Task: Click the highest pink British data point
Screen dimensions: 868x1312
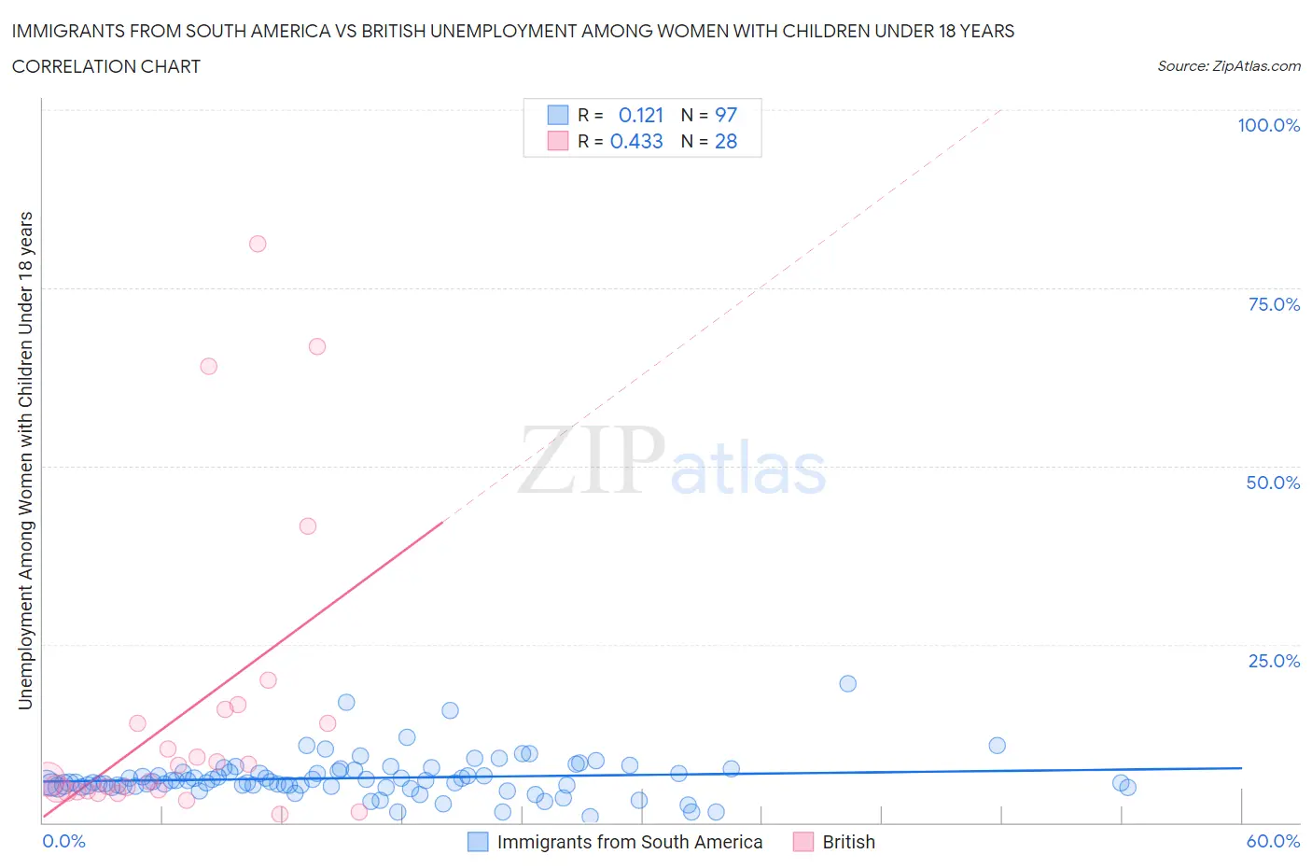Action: click(258, 244)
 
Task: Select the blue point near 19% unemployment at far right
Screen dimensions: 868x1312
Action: click(847, 683)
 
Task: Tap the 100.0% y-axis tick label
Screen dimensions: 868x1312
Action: click(1268, 125)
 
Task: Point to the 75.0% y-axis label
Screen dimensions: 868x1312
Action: click(1274, 304)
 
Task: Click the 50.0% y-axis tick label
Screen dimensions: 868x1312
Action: click(1273, 483)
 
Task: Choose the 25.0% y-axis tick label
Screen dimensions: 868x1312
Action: click(1274, 661)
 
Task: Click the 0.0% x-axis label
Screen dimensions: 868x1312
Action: click(63, 841)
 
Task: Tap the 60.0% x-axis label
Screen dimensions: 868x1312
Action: click(1273, 841)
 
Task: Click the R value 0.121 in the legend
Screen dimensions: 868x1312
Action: click(641, 115)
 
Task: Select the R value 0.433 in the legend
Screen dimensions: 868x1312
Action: click(636, 141)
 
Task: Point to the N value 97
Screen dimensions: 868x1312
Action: click(726, 115)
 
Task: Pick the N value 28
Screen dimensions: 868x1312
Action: click(726, 141)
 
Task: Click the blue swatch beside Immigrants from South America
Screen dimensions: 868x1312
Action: click(478, 842)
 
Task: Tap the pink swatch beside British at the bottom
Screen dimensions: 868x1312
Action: click(803, 842)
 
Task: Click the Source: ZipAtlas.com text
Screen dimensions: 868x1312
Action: click(1228, 65)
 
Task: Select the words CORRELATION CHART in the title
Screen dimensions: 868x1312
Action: click(106, 66)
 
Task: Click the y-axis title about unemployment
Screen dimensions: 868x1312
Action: click(25, 460)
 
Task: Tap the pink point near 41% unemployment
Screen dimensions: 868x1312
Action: click(307, 525)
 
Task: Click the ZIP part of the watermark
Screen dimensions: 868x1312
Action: click(591, 460)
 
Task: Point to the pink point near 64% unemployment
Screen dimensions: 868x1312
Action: click(208, 366)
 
